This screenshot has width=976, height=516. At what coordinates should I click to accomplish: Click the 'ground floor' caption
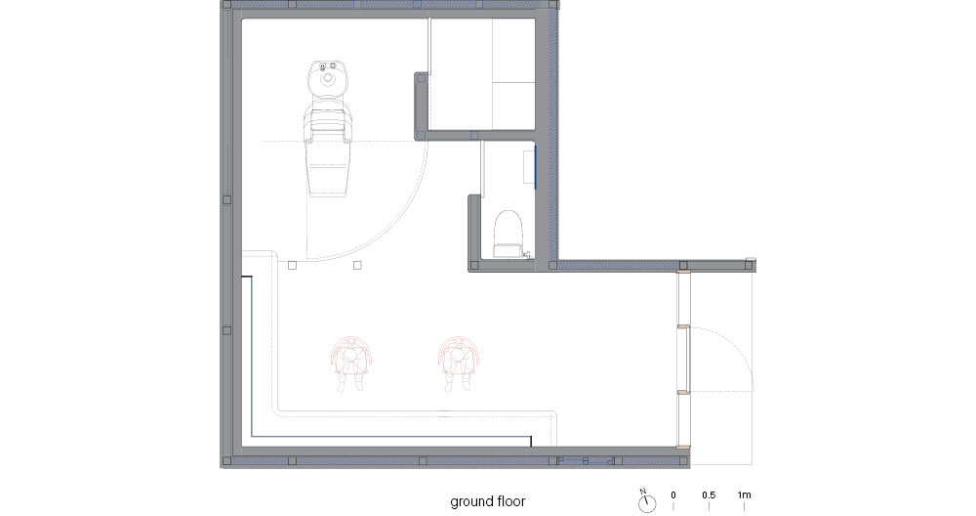488,501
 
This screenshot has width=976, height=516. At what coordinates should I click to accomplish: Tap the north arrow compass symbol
647,501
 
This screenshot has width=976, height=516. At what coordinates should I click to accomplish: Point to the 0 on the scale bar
672,495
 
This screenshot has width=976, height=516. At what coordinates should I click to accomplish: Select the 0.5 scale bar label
709,495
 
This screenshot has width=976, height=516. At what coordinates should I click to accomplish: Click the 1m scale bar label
745,495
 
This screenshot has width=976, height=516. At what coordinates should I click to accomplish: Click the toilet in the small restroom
508,235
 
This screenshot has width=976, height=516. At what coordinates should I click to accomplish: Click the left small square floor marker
293,266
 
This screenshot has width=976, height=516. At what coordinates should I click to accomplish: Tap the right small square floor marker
357,266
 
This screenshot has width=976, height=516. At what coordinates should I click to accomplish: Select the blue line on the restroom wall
534,165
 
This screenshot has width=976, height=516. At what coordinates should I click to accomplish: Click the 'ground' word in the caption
471,502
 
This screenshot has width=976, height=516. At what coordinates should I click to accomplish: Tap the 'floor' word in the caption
511,501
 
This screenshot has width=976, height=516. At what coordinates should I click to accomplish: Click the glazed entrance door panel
683,359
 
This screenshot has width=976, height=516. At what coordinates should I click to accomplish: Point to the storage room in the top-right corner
482,73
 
